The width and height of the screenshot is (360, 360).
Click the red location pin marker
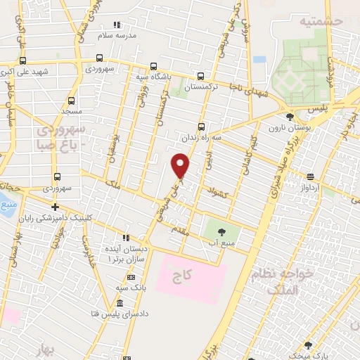point(181,166)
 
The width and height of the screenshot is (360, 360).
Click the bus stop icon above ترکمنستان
point(201,77)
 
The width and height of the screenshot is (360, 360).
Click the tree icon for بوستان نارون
point(290,117)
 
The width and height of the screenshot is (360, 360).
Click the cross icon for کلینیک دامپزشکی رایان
point(54,207)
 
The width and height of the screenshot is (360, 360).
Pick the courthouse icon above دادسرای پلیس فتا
point(118,303)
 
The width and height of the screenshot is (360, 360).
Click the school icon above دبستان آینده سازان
point(126,238)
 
